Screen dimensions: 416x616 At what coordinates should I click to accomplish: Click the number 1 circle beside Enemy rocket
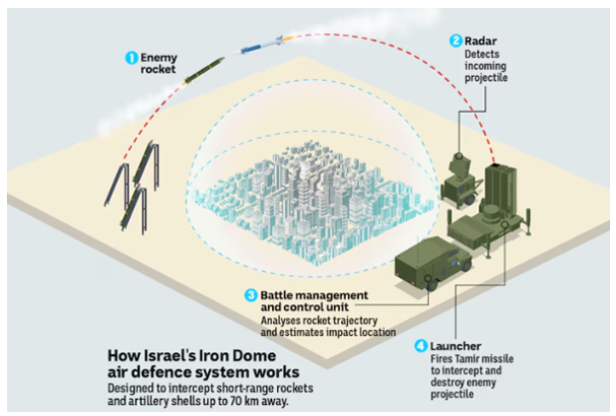130,58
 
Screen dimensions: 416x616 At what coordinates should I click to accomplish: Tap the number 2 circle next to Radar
456,41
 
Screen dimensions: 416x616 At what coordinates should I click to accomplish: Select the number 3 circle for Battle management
250,295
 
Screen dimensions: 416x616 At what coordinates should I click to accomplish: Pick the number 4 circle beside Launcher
422,346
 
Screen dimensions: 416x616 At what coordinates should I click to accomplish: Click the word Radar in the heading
481,41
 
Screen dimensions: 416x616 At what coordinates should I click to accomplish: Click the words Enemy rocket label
156,64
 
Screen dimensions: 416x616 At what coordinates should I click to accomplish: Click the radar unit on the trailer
460,176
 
